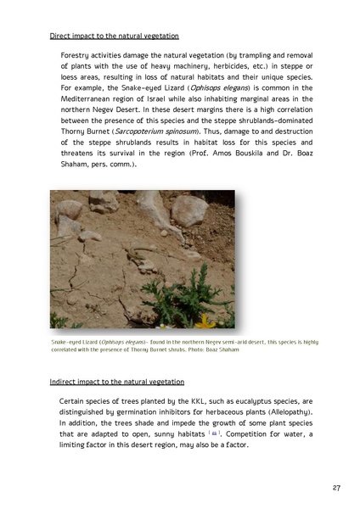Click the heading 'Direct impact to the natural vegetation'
[x=115, y=36]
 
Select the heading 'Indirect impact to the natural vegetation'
[x=117, y=382]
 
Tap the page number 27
[x=337, y=489]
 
